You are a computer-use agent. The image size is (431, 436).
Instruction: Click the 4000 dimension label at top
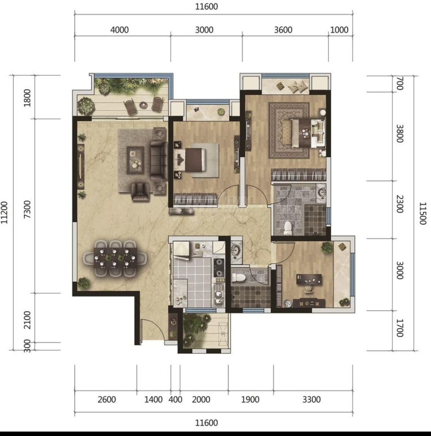119,30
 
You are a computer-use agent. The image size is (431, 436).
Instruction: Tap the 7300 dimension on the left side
27,210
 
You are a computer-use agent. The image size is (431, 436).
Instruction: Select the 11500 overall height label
423,213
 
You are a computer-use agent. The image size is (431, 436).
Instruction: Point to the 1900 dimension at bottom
250,400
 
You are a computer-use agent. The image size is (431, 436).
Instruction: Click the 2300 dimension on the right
399,204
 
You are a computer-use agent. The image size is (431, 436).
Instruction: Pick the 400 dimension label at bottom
176,400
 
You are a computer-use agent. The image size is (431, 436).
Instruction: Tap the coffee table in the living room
135,160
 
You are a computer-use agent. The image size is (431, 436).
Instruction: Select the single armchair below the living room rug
141,192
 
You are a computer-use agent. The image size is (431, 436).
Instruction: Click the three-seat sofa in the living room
158,160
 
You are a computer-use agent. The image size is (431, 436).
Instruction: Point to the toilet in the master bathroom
288,227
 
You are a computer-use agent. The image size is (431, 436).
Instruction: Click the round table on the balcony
143,105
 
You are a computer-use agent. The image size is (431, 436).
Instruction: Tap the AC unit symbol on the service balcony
223,334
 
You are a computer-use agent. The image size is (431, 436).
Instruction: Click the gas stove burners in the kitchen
219,268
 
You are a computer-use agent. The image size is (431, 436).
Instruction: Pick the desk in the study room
309,279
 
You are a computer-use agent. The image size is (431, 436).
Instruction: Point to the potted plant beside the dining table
84,283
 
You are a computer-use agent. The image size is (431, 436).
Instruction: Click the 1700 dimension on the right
399,328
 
